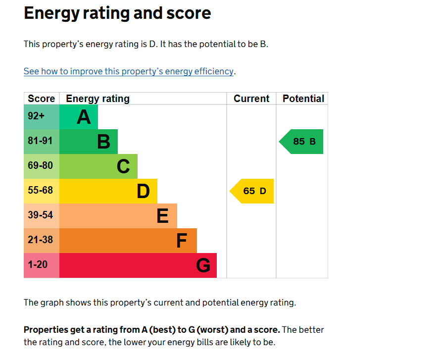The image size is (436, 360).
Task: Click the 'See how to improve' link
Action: point(129,71)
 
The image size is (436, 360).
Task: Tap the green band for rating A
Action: point(78,117)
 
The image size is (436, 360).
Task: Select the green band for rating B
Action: point(89,142)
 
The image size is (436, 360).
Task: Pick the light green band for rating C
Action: point(98,166)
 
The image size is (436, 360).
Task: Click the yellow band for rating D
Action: point(108,191)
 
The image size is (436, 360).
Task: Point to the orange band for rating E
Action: point(118,216)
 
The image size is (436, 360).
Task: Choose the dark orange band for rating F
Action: point(128,241)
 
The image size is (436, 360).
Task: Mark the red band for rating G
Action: point(138,265)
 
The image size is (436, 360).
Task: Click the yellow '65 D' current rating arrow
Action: point(251,191)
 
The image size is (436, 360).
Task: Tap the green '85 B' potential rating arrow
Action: point(301,142)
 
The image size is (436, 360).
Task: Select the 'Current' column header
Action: point(251,99)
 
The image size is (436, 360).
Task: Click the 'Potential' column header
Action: point(303,99)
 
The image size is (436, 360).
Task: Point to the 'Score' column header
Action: point(42,99)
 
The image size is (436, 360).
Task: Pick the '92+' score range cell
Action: point(42,117)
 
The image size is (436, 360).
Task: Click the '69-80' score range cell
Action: point(42,166)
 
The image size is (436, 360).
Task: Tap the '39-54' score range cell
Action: point(42,216)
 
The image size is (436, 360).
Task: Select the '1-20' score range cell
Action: point(42,265)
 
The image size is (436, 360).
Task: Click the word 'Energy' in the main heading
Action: point(52,13)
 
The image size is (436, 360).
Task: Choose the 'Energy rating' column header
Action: point(97,99)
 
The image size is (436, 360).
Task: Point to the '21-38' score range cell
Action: point(42,241)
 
